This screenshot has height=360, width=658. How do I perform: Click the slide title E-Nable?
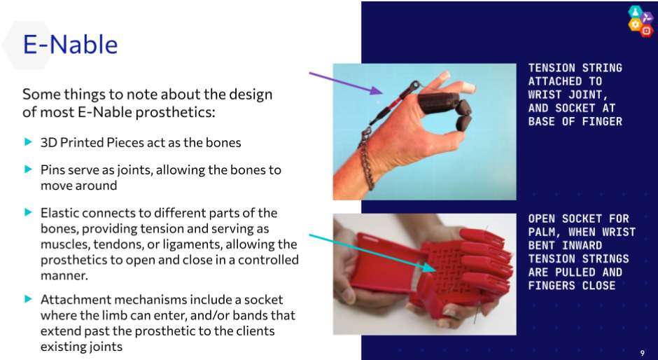(x=70, y=44)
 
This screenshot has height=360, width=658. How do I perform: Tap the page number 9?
(x=643, y=353)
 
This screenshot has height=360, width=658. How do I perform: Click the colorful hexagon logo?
(x=640, y=21)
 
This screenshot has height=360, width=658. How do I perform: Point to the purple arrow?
(x=346, y=83)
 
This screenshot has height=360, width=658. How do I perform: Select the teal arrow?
(x=372, y=254)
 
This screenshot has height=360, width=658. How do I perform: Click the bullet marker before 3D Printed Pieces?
(x=28, y=142)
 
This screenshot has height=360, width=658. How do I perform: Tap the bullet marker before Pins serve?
(x=28, y=169)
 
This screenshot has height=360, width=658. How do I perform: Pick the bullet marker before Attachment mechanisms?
(x=28, y=299)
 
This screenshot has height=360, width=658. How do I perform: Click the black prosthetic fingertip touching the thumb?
(x=463, y=123)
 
